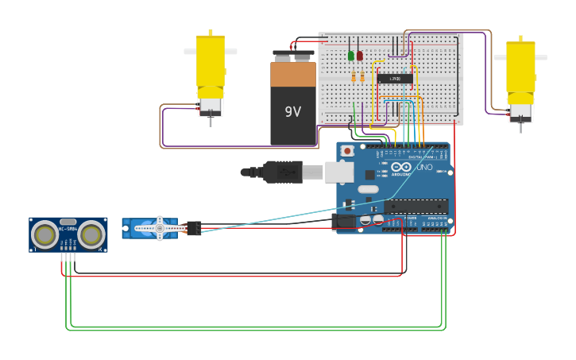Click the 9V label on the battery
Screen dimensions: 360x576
293,112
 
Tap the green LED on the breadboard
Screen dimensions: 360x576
350,56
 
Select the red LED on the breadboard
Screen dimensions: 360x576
360,56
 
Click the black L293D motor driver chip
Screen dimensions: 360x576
395,79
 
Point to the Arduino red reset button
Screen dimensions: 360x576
347,150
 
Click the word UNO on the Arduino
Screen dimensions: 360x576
424,168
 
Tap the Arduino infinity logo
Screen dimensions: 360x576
401,168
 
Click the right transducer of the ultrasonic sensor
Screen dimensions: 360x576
91,234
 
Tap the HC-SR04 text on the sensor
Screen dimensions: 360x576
68,230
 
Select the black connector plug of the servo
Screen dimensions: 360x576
193,228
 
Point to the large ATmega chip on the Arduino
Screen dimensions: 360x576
416,207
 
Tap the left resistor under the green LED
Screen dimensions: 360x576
354,77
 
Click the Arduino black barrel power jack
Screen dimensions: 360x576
344,222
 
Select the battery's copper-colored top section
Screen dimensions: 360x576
293,74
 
